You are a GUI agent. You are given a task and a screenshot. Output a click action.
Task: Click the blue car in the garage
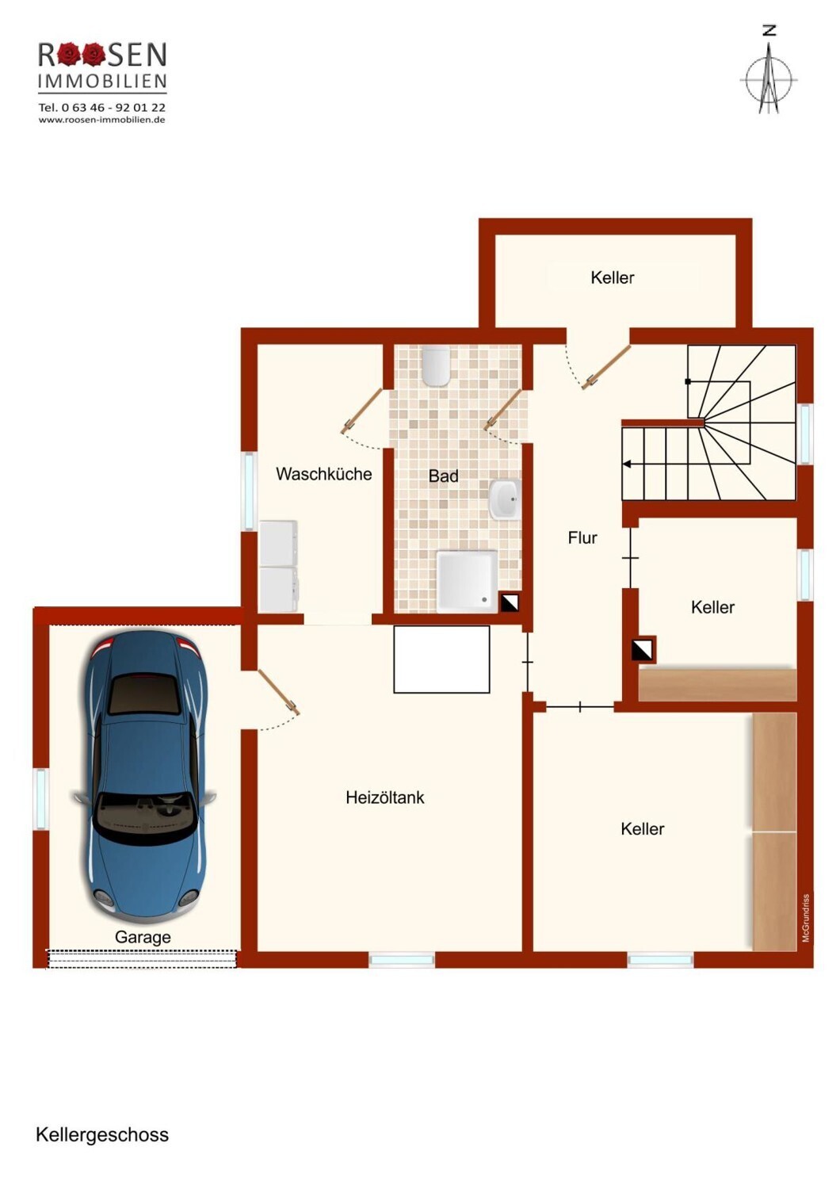(143, 776)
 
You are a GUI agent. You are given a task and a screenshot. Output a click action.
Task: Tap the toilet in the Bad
(436, 365)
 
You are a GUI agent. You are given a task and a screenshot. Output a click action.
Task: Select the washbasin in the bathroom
(504, 499)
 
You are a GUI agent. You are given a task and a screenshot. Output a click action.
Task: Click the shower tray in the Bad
(467, 582)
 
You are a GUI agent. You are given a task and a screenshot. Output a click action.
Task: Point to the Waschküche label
(323, 474)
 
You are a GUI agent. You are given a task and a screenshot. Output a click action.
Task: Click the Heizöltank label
(384, 797)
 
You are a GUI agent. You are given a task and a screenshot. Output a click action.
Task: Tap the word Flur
(582, 537)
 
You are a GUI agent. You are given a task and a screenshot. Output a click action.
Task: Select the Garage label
(143, 938)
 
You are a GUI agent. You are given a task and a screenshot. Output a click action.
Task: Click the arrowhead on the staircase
(627, 465)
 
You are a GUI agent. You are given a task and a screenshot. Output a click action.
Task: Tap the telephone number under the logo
(102, 107)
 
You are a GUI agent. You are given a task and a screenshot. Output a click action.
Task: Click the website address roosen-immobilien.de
(102, 120)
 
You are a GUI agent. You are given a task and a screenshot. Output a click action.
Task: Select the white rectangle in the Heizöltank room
(441, 659)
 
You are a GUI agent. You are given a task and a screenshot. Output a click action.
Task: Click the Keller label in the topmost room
(612, 277)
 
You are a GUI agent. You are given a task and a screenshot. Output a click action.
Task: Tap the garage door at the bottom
(142, 959)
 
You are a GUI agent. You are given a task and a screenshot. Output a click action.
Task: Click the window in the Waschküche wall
(248, 491)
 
